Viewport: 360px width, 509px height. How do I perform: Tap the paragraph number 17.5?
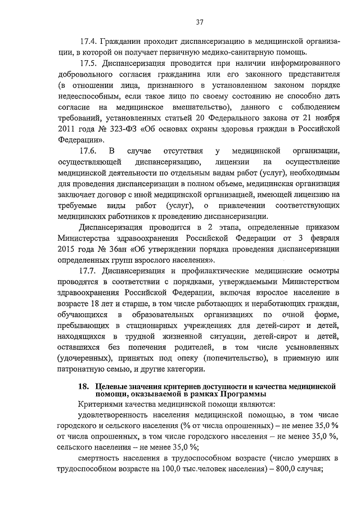click(89, 62)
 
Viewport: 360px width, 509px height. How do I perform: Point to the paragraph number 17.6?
click(89, 151)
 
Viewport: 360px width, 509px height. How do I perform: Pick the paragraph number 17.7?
click(89, 272)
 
